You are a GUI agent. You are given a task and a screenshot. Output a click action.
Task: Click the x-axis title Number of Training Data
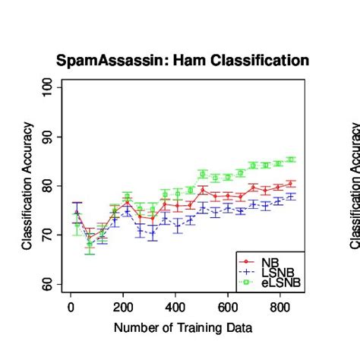182,328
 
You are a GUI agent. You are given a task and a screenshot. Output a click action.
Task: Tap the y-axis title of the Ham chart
27,185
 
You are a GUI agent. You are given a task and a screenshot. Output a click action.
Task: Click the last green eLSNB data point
291,159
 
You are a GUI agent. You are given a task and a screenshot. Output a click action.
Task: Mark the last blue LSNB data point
291,196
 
